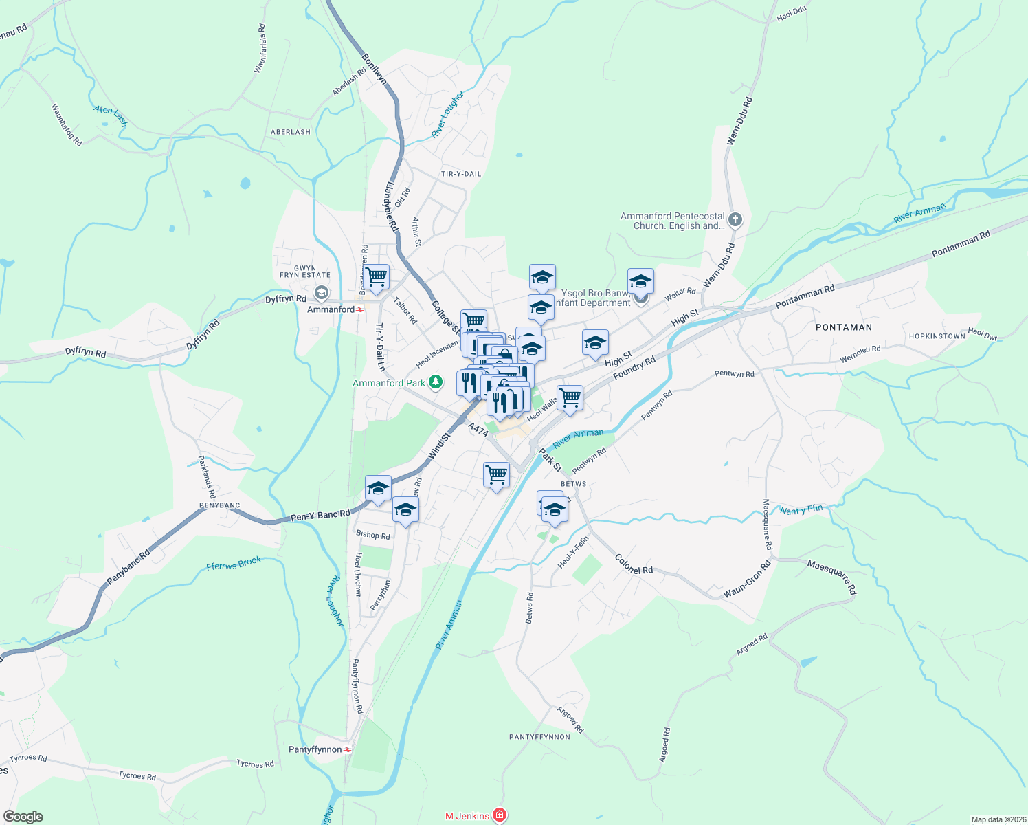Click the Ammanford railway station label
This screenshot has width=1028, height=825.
(331, 309)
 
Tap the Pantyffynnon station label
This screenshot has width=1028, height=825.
(315, 749)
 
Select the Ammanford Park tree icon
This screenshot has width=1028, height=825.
(435, 382)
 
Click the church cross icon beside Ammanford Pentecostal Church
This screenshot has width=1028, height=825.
(735, 220)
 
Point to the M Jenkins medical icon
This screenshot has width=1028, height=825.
(500, 816)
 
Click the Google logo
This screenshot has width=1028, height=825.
(23, 817)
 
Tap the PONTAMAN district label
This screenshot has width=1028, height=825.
(844, 327)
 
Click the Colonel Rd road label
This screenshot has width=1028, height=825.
(634, 564)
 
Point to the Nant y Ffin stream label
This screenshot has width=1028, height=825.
(801, 509)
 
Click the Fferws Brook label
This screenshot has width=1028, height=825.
(234, 564)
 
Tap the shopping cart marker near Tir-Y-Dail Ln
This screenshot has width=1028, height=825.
(376, 277)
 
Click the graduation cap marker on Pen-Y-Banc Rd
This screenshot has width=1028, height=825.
(378, 488)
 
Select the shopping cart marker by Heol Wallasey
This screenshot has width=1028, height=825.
(570, 397)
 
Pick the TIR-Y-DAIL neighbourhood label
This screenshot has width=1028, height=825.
(461, 174)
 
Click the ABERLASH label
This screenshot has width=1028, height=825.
(291, 132)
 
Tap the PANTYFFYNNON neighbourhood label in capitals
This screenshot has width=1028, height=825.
(539, 737)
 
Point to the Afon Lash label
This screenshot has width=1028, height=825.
(111, 115)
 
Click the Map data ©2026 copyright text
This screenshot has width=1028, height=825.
(998, 819)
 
